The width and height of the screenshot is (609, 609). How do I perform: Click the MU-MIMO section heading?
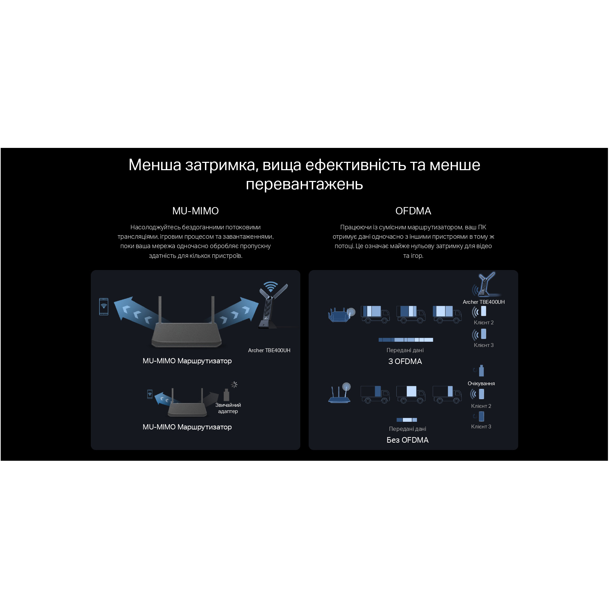tap(195, 211)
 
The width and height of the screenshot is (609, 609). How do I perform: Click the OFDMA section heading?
tap(413, 211)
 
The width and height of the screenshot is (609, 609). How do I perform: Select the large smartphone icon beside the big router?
tap(104, 307)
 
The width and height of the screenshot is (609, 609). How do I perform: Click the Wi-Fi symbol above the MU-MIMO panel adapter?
tap(270, 286)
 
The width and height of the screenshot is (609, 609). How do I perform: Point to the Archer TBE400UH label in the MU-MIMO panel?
tap(269, 350)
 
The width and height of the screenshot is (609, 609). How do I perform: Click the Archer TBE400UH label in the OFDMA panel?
tap(483, 302)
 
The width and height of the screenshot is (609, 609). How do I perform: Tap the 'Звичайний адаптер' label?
tap(228, 408)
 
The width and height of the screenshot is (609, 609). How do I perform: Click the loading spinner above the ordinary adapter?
tap(234, 385)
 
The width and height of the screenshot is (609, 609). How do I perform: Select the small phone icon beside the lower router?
tap(150, 394)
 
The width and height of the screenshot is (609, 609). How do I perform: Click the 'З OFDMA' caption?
tap(405, 362)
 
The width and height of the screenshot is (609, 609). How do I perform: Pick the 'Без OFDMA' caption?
tap(408, 440)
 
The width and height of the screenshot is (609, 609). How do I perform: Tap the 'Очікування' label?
tap(481, 383)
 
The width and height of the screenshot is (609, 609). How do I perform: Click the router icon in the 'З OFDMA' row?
tap(341, 315)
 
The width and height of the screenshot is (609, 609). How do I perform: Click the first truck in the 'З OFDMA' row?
tap(375, 315)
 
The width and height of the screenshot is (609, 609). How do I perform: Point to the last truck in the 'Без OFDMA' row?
tap(447, 394)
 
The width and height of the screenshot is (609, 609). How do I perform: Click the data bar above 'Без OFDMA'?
tap(407, 420)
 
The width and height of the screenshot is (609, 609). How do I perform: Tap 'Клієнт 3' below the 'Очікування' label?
tap(481, 427)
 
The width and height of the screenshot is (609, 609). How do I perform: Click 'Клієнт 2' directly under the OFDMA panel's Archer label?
tap(484, 323)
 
